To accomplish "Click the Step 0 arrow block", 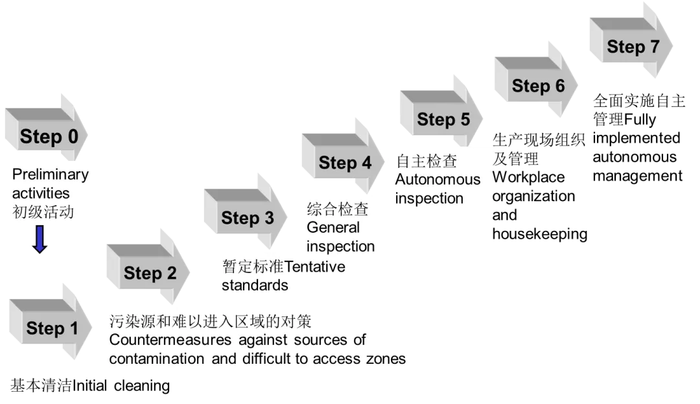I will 48,136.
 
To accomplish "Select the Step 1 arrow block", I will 52,327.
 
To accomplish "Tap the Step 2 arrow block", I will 150,272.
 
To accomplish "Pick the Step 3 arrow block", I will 247,217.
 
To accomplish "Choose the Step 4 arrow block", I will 345,162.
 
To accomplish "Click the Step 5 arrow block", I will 443,119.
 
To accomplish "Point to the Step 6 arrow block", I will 538,85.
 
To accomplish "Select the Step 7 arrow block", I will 632,46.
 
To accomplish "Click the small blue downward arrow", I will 40,239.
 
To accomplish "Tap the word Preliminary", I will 50,174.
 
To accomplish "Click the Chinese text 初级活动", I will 43,212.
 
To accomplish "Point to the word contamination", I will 156,359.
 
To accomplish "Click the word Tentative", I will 315,267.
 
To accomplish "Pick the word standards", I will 255,285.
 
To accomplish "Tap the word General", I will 332,228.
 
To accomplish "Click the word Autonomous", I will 437,180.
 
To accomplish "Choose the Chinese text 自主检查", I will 426,161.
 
